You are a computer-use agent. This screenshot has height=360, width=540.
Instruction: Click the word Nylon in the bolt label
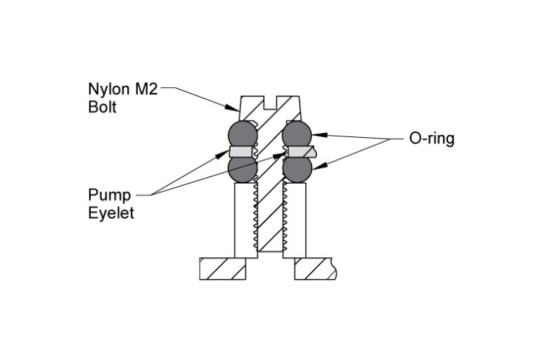click(108, 90)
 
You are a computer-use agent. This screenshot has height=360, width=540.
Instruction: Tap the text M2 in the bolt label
click(147, 90)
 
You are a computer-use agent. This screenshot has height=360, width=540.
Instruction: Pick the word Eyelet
click(110, 213)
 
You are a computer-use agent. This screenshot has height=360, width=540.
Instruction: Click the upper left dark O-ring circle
click(243, 133)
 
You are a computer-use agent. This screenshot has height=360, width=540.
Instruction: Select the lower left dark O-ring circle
click(243, 169)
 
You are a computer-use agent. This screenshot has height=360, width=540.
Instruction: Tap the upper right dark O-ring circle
click(297, 133)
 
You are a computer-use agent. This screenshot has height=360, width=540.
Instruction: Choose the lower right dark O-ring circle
click(297, 169)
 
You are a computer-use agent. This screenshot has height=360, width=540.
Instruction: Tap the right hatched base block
click(315, 269)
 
